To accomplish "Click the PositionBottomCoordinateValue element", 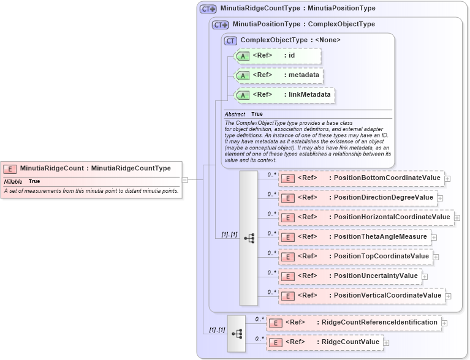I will tap(362, 178).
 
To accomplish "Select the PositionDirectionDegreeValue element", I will tap(359, 198).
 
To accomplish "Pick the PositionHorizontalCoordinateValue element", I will tap(366, 217).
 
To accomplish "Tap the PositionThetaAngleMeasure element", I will tap(355, 236).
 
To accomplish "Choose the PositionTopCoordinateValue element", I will tap(356, 256).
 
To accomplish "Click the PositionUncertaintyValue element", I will tap(351, 276).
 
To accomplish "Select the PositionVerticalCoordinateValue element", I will tap(362, 295).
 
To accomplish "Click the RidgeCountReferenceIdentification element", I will tap(354, 322).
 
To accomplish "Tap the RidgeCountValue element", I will tap(325, 342).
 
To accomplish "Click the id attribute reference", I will tap(278, 56).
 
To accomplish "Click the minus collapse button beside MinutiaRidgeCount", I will tap(184, 179).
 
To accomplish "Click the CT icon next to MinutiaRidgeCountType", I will tap(208, 9).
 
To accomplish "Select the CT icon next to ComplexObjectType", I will tap(231, 40).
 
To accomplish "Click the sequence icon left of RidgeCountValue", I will tap(237, 334).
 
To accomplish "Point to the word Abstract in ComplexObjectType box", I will tap(235, 114).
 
